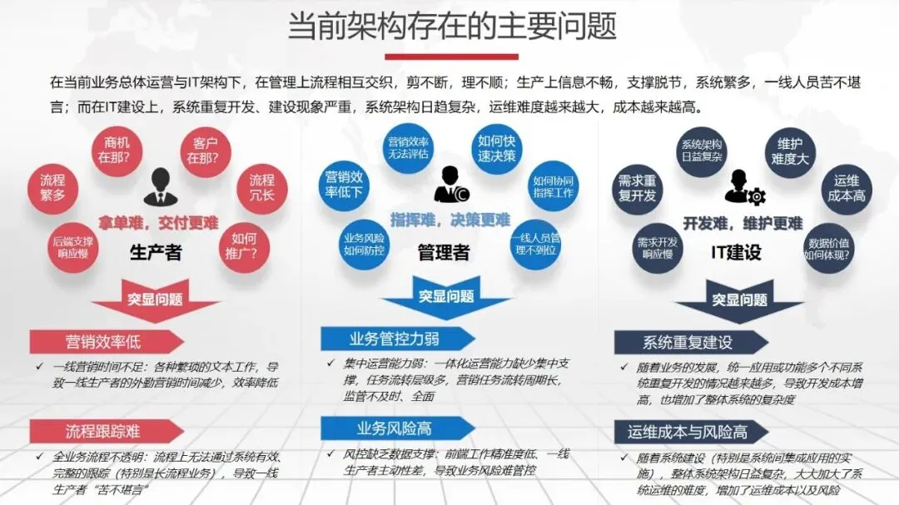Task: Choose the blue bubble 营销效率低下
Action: [344, 184]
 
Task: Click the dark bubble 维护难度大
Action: [789, 151]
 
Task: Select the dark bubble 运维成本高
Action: [847, 188]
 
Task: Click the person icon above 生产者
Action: [156, 188]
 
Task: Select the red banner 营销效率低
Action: [104, 341]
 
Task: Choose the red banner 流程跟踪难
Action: [104, 430]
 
